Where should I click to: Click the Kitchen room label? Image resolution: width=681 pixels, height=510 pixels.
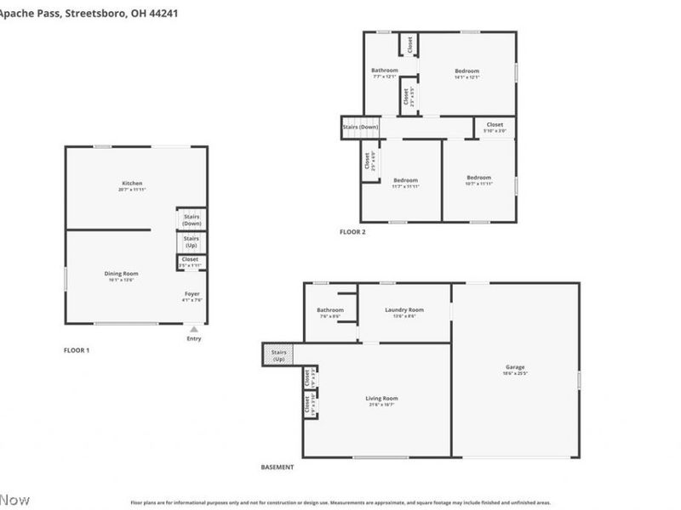coord(132,184)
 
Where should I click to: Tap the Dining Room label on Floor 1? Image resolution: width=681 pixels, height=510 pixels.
coord(121,274)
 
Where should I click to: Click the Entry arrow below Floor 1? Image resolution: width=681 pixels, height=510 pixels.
coord(195,330)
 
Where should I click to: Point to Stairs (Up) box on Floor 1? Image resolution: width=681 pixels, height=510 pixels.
coord(191,241)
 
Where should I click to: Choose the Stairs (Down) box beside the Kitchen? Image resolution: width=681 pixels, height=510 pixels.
coord(191,218)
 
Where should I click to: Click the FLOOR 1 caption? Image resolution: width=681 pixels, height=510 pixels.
coord(77,350)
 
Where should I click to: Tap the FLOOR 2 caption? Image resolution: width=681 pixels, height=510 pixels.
coord(352,232)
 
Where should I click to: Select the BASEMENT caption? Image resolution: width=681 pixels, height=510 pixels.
coord(278,467)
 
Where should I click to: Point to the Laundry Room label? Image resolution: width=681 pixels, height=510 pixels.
coord(403,310)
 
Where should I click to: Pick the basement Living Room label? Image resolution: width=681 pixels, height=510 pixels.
coord(382,399)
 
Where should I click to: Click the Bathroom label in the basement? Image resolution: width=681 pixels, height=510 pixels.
coord(330,310)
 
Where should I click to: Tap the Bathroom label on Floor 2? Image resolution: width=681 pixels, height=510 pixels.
coord(384,71)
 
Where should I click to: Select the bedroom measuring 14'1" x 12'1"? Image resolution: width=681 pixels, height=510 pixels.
coord(466,71)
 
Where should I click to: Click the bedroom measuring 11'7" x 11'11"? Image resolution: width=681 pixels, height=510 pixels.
coord(405,180)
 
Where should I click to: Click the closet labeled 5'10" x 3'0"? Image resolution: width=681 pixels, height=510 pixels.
coord(495,126)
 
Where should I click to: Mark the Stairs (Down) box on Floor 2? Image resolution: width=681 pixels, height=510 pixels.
coord(360,127)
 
